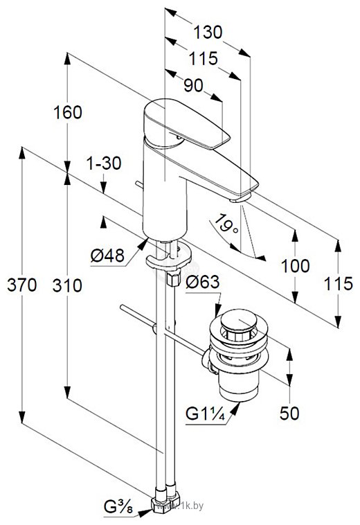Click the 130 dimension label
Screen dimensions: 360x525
tap(208, 32)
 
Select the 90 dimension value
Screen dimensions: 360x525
tap(193, 85)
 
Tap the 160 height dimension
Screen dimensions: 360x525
tap(68, 112)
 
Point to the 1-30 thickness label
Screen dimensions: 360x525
tap(104, 163)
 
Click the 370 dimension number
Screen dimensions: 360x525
tap(21, 285)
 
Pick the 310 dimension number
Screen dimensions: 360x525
tap(67, 285)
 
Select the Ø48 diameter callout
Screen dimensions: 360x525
tap(107, 256)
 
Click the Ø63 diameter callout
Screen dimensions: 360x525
tap(203, 282)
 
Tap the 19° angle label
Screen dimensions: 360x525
tap(226, 224)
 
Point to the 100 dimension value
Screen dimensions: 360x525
tap(295, 266)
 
